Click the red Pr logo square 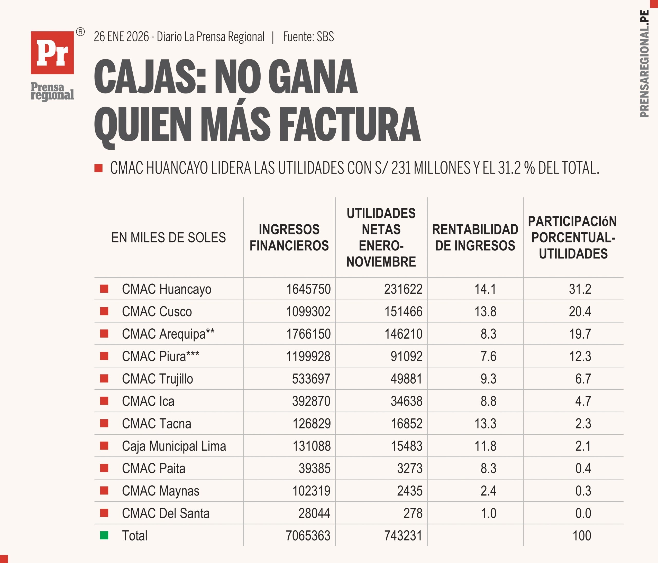click(52, 53)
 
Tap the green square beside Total click(104, 536)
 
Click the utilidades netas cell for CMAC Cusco click(403, 311)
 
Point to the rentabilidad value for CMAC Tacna click(485, 423)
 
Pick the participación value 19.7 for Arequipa click(580, 334)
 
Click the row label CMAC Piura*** click(160, 356)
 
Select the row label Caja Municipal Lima click(174, 446)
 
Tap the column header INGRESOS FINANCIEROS click(289, 237)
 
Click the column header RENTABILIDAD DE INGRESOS click(475, 237)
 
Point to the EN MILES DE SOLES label click(168, 237)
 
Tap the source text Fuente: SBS click(308, 37)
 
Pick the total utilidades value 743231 click(403, 536)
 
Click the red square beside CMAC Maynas click(104, 491)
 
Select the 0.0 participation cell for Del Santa click(583, 513)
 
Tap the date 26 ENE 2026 click(121, 37)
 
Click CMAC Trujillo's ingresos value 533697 click(311, 379)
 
